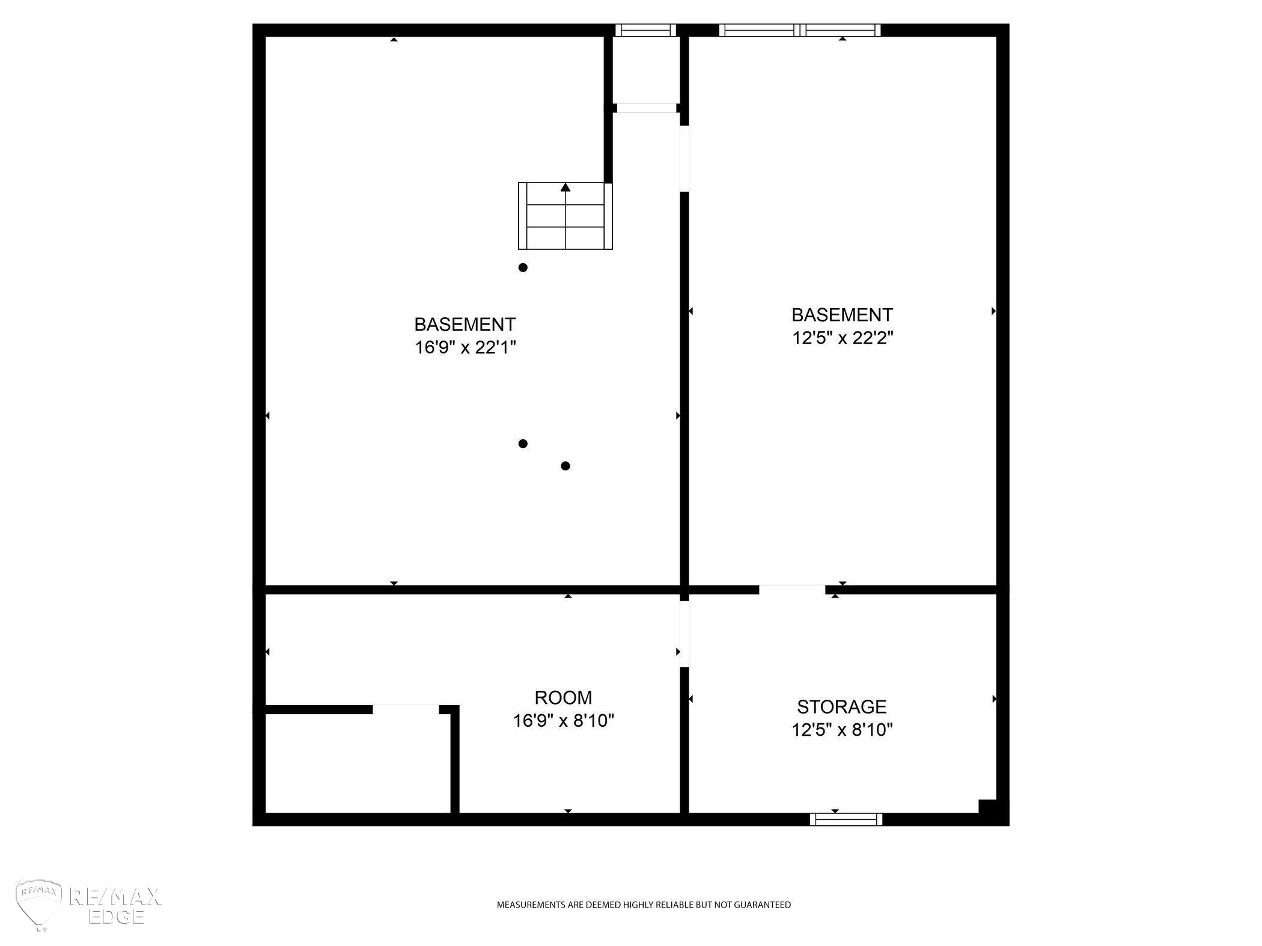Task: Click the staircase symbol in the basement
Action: [565, 216]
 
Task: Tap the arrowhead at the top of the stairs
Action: [565, 187]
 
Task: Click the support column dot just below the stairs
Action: [523, 268]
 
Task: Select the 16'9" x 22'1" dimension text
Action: [466, 347]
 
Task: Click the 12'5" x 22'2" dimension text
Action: [843, 338]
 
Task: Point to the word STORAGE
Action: [842, 706]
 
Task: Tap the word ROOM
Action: [563, 697]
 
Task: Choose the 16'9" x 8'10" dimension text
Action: [564, 720]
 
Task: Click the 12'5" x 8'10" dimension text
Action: [842, 730]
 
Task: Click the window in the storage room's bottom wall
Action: [846, 819]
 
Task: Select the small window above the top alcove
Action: [646, 30]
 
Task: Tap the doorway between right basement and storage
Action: [792, 590]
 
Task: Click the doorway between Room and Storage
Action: [684, 634]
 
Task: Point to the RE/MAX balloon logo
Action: [39, 904]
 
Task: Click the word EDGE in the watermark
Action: [116, 916]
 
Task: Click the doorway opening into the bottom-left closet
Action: [406, 709]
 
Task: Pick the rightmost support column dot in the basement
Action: [565, 466]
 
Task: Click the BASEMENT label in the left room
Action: [465, 324]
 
